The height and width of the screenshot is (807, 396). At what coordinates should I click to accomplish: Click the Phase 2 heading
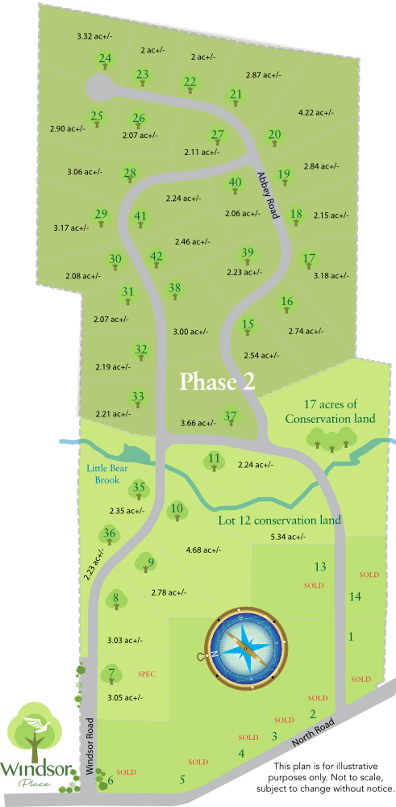217,381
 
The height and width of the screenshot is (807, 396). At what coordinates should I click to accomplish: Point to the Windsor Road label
90,746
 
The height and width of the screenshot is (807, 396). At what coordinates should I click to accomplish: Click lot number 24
105,58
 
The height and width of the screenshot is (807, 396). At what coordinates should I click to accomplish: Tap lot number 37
231,416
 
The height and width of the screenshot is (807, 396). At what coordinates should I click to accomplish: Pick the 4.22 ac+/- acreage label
315,112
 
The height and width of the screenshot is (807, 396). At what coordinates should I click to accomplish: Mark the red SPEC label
146,673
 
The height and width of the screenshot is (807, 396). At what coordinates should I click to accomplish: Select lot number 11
214,459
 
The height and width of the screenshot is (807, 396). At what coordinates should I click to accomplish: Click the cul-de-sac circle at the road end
100,86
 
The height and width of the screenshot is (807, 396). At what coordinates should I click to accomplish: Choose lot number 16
287,302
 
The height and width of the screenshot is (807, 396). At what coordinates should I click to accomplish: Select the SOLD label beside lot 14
369,575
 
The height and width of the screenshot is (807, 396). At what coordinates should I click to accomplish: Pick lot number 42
156,257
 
